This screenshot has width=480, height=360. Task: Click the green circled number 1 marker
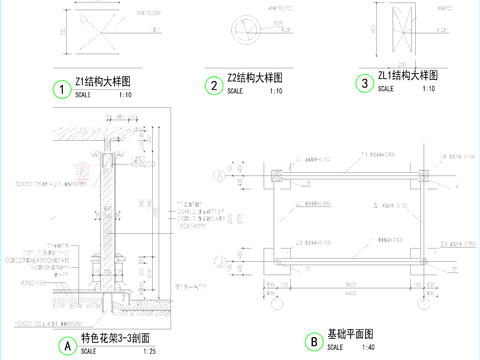pos(63,90)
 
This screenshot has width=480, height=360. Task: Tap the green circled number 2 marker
pos(214,86)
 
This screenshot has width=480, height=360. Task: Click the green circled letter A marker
pos(67,346)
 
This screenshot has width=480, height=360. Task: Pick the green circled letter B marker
pos(313,342)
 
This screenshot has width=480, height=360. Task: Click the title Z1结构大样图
pos(103,80)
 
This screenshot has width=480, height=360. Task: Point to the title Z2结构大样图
pos(255,77)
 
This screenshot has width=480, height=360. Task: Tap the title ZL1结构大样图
pos(408,75)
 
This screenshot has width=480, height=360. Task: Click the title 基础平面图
pos(350,333)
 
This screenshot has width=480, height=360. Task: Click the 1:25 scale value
pos(150,352)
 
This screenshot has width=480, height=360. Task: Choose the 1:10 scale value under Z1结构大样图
pos(125,94)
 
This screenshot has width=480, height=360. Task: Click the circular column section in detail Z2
pos(246,28)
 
